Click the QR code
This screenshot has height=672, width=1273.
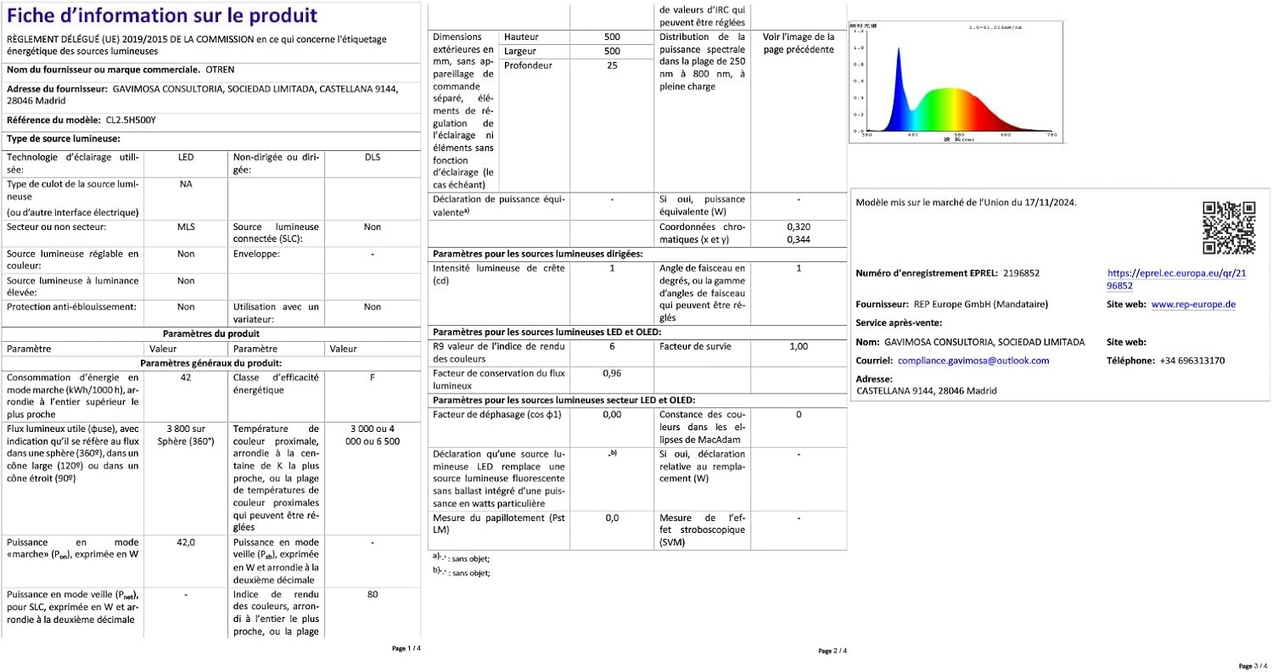1229,227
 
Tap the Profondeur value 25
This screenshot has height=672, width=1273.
612,65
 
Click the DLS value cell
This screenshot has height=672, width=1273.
373,158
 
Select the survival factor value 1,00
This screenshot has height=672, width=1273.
799,347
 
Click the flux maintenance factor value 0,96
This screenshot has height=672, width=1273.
612,372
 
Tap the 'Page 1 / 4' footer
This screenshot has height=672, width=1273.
406,648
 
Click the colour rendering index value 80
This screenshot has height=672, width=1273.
373,595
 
